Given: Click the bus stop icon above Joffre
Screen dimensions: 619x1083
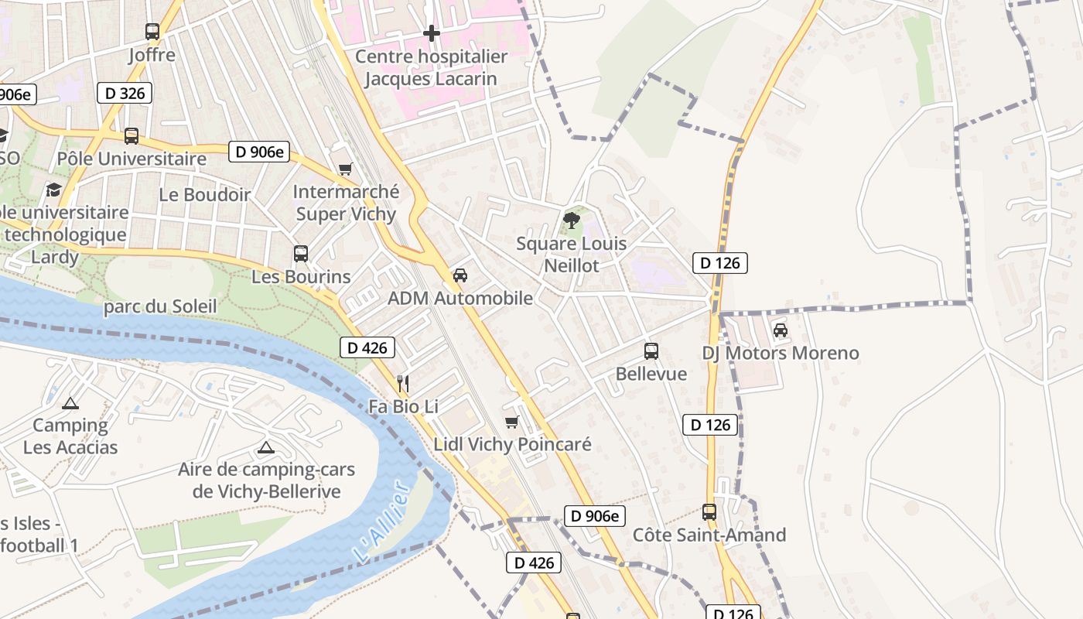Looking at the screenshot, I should click(x=152, y=32).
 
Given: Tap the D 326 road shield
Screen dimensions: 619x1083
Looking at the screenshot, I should click(x=124, y=93).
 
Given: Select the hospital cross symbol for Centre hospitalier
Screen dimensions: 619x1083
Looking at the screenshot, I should click(x=432, y=33).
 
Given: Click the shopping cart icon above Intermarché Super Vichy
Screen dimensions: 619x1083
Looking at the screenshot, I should click(x=346, y=169).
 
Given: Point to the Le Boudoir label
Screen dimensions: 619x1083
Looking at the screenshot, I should click(x=205, y=194).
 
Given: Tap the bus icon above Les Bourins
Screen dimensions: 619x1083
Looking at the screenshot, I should click(x=301, y=253).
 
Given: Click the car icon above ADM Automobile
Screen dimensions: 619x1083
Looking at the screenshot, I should click(x=460, y=275).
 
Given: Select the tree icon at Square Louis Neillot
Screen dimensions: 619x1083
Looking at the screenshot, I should click(x=572, y=221).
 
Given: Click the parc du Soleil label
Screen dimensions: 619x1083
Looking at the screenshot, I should click(x=160, y=306).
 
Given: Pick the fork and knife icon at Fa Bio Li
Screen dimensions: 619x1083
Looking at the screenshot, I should click(x=402, y=383).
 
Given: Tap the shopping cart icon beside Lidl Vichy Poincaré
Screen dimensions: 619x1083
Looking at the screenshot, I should click(x=511, y=422).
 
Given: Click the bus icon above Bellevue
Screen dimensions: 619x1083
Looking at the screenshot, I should click(x=651, y=351).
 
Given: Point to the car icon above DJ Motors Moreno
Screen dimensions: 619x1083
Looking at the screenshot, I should click(x=781, y=330).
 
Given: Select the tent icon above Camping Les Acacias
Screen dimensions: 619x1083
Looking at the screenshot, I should click(x=70, y=402).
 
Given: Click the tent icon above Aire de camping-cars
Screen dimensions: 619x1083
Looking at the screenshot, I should click(x=266, y=446).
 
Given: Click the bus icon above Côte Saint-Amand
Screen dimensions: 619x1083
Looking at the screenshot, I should click(x=709, y=511).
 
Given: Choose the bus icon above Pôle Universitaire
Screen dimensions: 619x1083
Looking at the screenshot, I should click(x=132, y=136).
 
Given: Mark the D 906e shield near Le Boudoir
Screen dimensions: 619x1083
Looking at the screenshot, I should click(x=258, y=152).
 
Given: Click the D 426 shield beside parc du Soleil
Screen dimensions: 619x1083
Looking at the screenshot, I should click(x=367, y=347).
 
